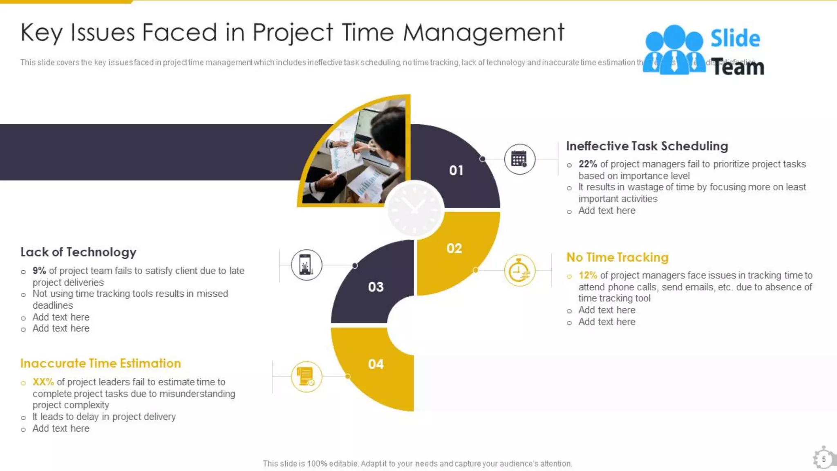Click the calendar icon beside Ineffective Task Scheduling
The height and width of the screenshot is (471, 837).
pos(519,159)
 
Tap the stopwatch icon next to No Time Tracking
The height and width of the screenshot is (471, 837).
pos(519,271)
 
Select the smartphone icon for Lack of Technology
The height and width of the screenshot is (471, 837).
pos(306,265)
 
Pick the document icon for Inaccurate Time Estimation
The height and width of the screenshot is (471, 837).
pos(306,377)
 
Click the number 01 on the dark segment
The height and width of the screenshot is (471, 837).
pos(456,170)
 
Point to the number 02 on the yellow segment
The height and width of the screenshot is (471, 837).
pos(454,248)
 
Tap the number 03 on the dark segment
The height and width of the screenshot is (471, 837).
pos(376,287)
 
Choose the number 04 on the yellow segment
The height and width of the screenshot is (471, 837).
pos(376,364)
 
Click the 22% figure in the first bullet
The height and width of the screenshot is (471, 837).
pos(588,164)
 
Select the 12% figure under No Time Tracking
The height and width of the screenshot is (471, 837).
pos(588,276)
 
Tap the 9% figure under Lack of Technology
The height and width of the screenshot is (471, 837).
pos(39,271)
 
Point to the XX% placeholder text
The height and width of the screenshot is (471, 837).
pos(43,382)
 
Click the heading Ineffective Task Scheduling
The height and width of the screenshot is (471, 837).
pos(647,146)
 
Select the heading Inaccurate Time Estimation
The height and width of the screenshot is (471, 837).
pos(101,363)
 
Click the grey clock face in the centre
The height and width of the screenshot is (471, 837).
pos(414,209)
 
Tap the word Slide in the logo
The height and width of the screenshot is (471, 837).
pos(735,38)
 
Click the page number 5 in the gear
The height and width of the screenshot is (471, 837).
pos(824,459)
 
